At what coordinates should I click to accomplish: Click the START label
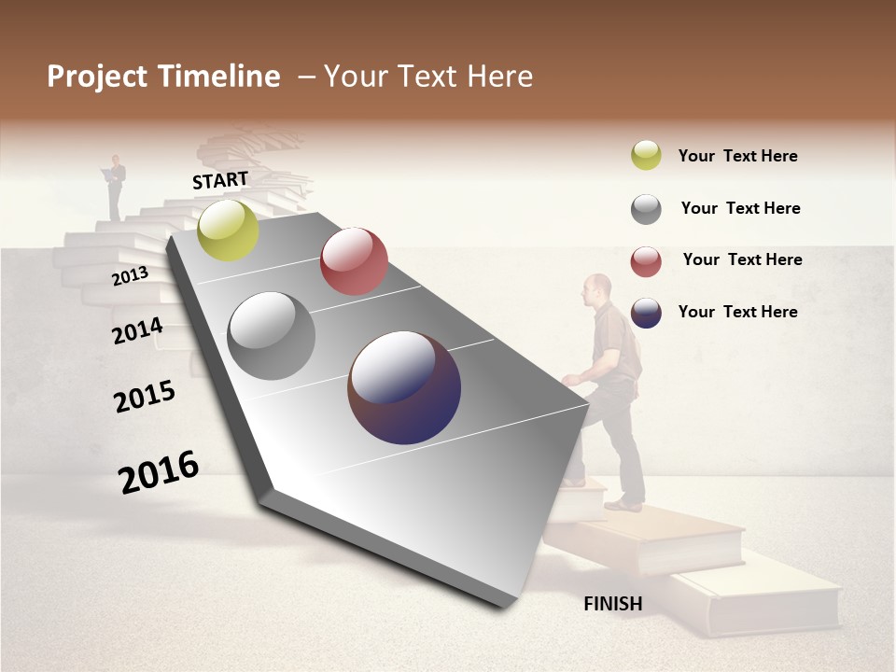220,180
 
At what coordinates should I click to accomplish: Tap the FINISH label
613,604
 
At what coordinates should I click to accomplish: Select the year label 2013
130,276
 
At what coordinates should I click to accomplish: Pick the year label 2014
137,331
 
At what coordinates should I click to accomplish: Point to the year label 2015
145,397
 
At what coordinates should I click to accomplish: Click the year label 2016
159,472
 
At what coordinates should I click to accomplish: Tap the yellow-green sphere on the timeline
229,231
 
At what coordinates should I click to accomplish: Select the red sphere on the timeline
354,260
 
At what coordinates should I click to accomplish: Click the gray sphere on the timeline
272,336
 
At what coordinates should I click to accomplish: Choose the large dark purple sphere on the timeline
404,387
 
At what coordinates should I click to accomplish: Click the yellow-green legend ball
646,155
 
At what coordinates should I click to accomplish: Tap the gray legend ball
646,208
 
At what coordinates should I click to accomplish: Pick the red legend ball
646,261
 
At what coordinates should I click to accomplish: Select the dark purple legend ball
646,313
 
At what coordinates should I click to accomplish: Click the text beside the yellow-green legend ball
737,156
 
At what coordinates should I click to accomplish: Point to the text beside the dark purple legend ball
737,312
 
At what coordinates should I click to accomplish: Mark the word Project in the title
97,77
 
